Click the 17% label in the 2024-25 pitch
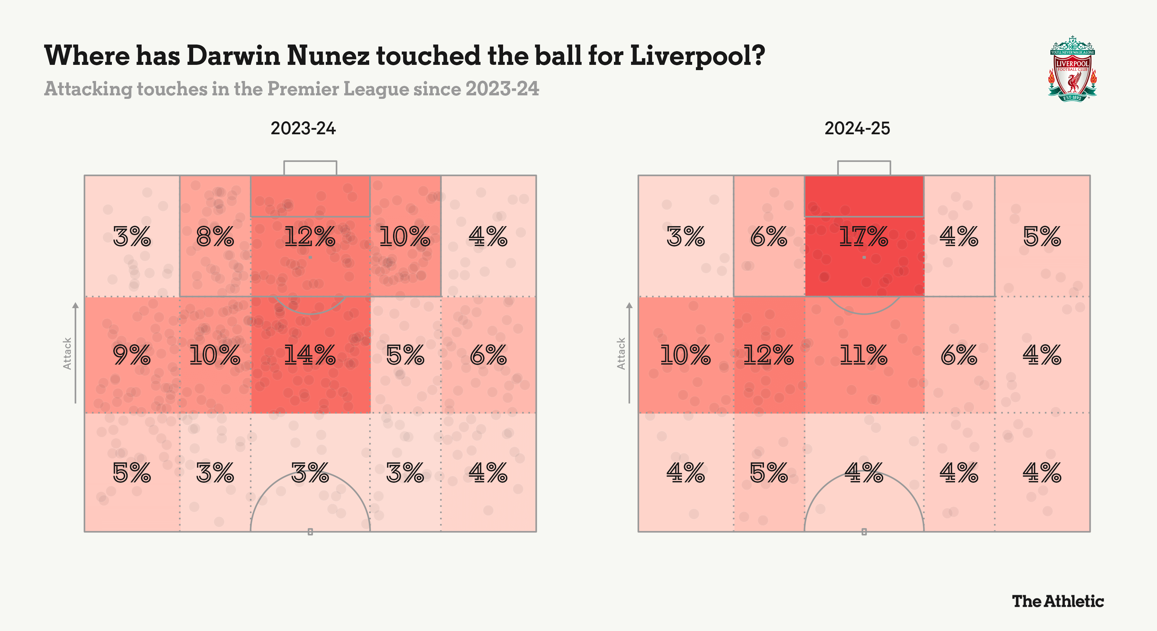click(x=863, y=237)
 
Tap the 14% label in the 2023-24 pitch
click(x=310, y=355)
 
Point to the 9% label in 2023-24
click(x=131, y=355)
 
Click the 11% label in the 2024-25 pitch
click(x=863, y=355)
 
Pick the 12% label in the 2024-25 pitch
click(x=768, y=355)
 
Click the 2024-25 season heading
click(x=857, y=128)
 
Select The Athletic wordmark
click(x=1057, y=601)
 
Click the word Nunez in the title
click(x=328, y=56)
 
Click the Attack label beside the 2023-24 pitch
click(x=67, y=353)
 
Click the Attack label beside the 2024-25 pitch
click(x=621, y=353)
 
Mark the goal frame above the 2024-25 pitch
click(x=863, y=168)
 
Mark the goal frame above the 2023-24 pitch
click(x=310, y=168)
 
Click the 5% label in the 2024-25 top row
click(x=1042, y=237)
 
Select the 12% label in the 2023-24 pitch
click(x=310, y=237)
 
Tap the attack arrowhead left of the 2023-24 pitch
click(x=75, y=305)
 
